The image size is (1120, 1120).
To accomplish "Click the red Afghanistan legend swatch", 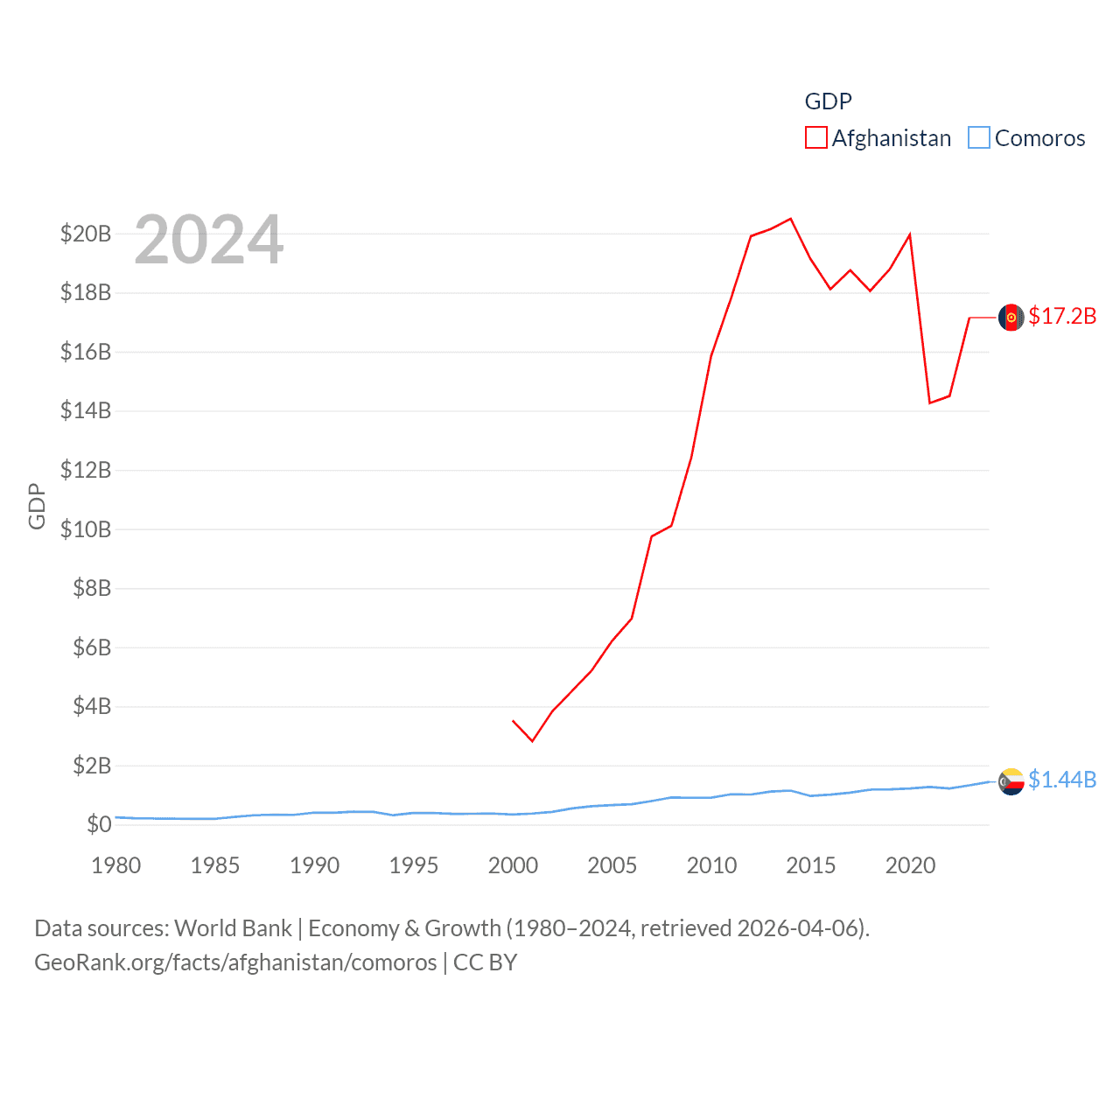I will pos(815,138).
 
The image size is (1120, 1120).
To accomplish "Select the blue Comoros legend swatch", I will pos(978,138).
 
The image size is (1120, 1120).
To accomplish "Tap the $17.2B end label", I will pos(1062,316).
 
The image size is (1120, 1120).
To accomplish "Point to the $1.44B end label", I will pos(1062,780).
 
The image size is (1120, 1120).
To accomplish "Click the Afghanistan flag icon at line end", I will pos(1011,317).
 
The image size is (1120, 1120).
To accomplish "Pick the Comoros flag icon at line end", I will pos(1011,780).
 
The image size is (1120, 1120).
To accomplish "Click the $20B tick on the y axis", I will pos(86,234).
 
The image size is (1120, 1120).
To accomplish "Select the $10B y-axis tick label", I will pos(86,529).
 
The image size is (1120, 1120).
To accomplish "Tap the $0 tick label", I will pos(99,824).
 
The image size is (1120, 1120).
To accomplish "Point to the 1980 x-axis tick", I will pos(116,865).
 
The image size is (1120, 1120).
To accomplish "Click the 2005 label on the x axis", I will pos(612,865).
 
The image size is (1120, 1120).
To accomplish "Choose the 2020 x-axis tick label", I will pos(910,865).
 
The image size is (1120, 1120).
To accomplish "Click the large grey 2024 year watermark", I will pos(208,240).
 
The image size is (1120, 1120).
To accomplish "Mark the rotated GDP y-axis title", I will pos(37,506).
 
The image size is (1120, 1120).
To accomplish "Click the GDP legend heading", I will pos(828,101).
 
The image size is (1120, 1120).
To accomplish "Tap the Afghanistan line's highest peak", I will pos(790,219).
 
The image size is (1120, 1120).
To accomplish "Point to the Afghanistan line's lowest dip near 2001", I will pos(532,741).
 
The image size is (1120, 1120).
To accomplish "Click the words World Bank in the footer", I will pos(234,927).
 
